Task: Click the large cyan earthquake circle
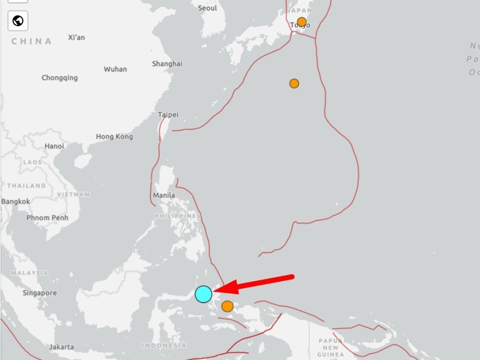(203, 294)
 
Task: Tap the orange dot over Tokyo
(301, 22)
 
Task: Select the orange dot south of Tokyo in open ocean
(294, 83)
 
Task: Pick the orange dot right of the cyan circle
(227, 306)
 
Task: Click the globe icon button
(18, 21)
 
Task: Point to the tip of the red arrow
(215, 291)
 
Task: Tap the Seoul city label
(207, 8)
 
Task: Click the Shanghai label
(167, 64)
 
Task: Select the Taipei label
(168, 115)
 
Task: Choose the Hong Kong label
(114, 136)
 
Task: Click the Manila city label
(164, 195)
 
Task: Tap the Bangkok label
(16, 201)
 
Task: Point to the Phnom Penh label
(47, 218)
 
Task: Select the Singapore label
(39, 293)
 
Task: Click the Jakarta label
(62, 347)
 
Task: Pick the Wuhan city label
(115, 69)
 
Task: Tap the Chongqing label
(60, 78)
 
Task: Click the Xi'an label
(76, 37)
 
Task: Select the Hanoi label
(54, 146)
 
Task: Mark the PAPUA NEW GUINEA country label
(330, 347)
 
